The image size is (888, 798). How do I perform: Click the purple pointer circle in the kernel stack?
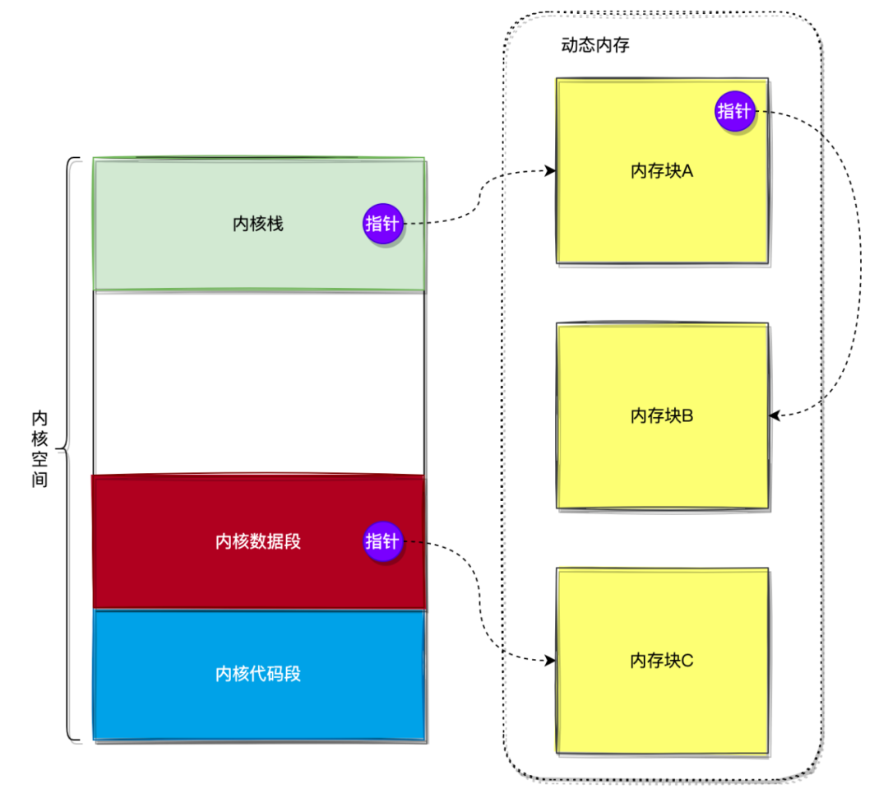pyautogui.click(x=382, y=223)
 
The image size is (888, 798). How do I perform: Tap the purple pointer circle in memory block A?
pyautogui.click(x=734, y=111)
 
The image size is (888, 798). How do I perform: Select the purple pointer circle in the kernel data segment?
pyautogui.click(x=382, y=541)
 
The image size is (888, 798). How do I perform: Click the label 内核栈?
pyautogui.click(x=258, y=224)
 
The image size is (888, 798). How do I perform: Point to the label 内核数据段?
pyautogui.click(x=258, y=541)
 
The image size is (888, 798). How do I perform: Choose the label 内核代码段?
pyautogui.click(x=258, y=674)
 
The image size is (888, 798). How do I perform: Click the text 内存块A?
pyautogui.click(x=662, y=171)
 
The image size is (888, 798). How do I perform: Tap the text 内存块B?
pyautogui.click(x=662, y=415)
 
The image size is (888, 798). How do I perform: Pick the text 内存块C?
pyautogui.click(x=662, y=660)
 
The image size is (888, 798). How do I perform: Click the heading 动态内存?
pyautogui.click(x=595, y=45)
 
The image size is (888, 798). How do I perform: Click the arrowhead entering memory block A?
pyautogui.click(x=550, y=171)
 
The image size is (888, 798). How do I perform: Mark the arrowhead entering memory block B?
pyautogui.click(x=776, y=416)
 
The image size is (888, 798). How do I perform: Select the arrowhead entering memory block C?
pyautogui.click(x=550, y=660)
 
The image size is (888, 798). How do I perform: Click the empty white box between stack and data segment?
pyautogui.click(x=259, y=383)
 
